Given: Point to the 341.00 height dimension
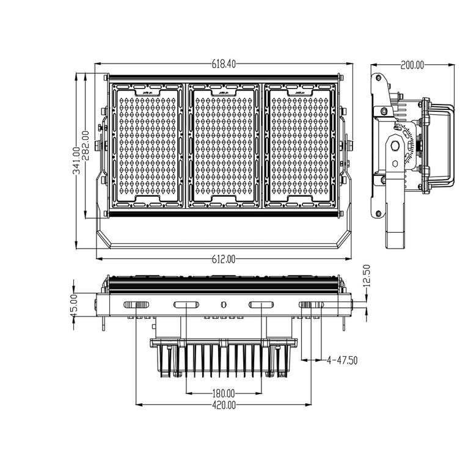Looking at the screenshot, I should (76, 161).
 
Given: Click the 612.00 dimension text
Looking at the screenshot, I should (224, 260).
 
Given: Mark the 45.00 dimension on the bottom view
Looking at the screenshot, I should (74, 304).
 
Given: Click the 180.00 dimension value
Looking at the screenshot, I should (224, 392).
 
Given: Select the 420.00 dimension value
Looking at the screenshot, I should (224, 404).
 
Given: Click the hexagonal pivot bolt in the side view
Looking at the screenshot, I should (396, 147).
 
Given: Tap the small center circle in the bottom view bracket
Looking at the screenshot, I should (224, 304).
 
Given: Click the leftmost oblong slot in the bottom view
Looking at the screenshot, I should (136, 305).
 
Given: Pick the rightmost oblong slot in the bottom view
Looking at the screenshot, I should (312, 305).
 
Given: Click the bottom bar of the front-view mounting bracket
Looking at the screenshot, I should (224, 246).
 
